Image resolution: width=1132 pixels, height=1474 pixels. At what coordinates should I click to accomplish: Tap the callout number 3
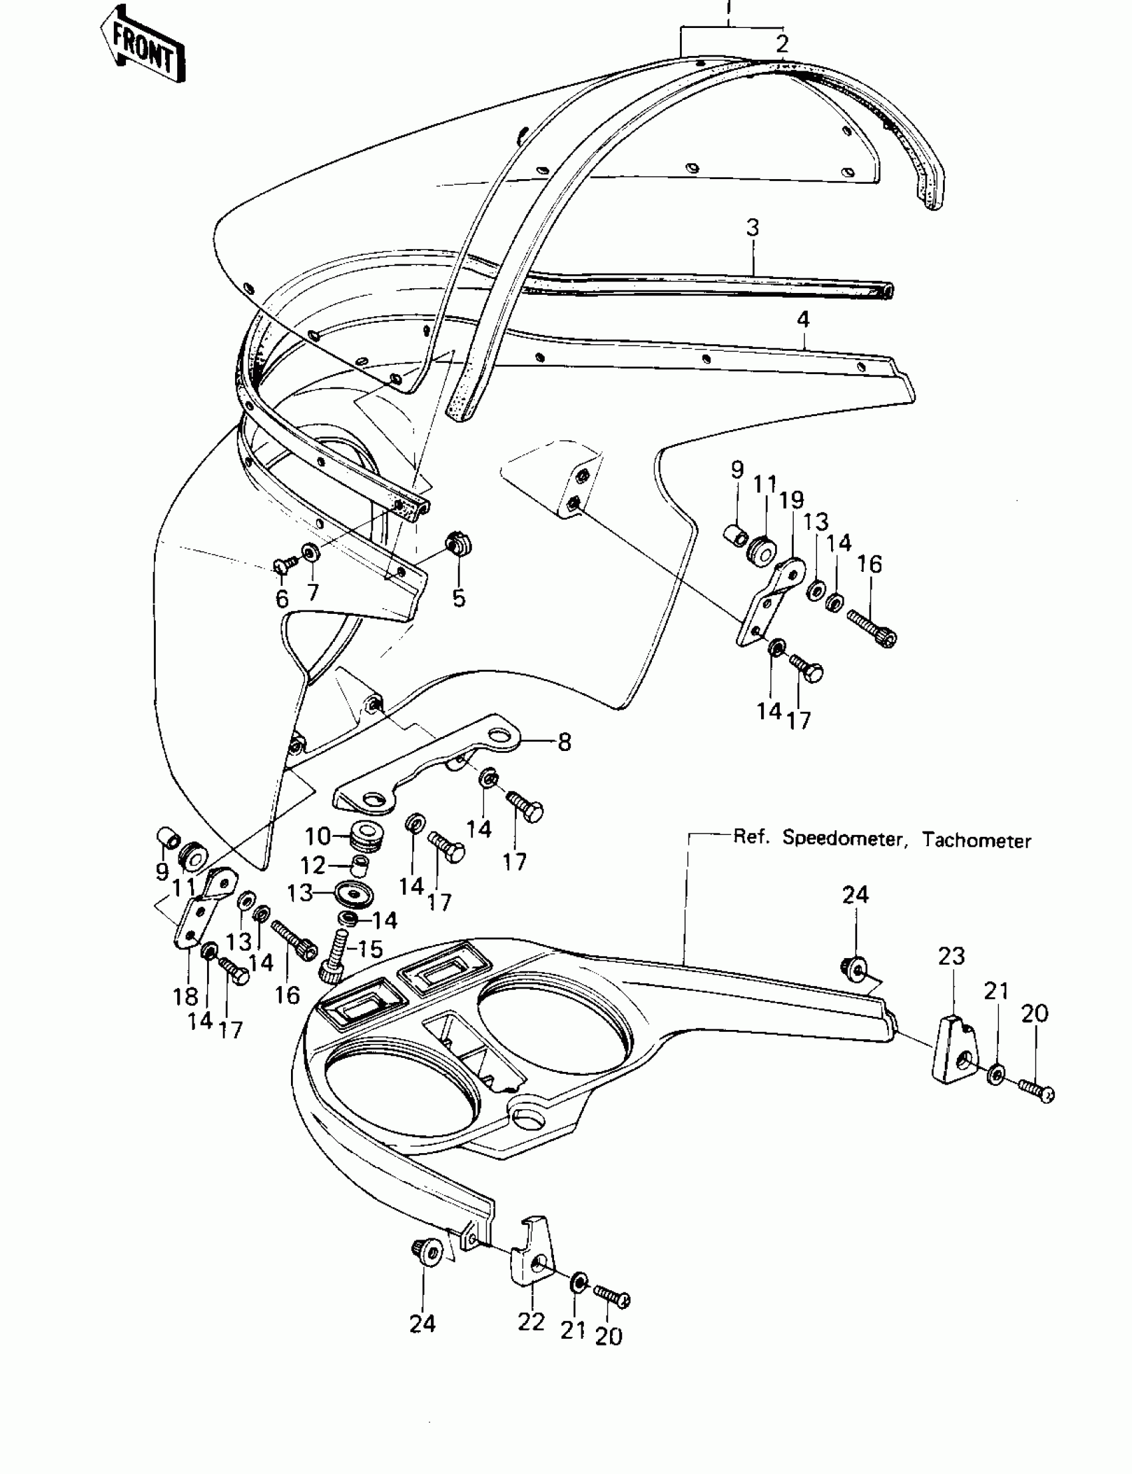[752, 228]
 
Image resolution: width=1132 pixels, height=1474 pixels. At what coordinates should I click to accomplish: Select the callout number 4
[803, 320]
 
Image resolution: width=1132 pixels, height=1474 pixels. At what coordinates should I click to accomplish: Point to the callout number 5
[459, 598]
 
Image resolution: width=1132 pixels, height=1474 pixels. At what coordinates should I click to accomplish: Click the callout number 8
[565, 742]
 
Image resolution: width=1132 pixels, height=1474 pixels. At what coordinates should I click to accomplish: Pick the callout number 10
[318, 837]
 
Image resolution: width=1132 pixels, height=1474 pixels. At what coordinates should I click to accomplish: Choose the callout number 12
[313, 865]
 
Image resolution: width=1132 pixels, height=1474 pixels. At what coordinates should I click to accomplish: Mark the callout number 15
[370, 949]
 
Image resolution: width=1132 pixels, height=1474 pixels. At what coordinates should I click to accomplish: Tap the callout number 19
[792, 500]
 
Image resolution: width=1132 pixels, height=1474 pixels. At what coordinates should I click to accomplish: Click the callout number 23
[952, 956]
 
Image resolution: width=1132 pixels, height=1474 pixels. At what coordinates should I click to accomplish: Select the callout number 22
[531, 1322]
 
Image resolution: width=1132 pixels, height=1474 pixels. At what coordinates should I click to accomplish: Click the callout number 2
[782, 44]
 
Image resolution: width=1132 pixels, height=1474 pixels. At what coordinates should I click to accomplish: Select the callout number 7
[313, 592]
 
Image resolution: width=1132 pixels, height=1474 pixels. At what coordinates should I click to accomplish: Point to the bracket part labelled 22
[532, 1260]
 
